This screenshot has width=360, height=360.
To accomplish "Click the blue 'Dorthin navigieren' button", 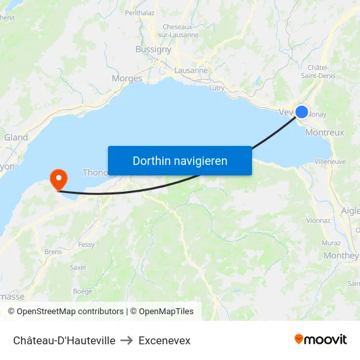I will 180,160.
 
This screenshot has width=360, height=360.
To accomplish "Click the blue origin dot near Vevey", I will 302,112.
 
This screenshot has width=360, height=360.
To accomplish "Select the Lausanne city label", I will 191,70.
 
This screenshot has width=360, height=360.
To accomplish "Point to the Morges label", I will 127,79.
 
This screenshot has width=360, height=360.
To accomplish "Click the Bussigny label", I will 153,49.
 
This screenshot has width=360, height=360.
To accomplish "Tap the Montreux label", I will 325,132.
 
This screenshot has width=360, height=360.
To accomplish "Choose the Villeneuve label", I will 330,161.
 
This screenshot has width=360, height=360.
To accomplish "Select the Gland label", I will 16,137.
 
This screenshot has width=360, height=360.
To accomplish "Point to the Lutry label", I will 216,87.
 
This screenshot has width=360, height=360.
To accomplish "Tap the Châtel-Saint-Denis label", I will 317,71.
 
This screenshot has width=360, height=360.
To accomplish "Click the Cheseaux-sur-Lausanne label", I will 180,31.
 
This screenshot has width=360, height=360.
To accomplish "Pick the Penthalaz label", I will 139,12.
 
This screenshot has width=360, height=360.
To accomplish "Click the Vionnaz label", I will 318,221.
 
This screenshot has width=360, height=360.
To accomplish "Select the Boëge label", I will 82,291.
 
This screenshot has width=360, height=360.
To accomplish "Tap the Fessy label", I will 86,245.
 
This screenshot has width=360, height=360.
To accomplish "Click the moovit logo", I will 321,340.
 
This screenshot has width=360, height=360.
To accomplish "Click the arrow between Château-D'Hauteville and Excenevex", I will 127,340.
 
